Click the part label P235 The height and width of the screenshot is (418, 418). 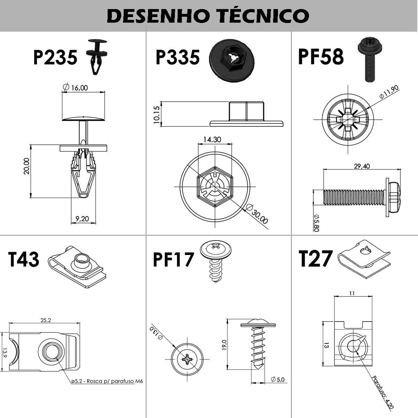pyautogui.click(x=55, y=57)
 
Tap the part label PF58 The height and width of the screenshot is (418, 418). pyautogui.click(x=320, y=57)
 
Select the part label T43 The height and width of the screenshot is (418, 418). pyautogui.click(x=23, y=260)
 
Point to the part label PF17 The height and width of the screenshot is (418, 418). pyautogui.click(x=173, y=260)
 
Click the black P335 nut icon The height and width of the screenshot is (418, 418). pyautogui.click(x=231, y=61)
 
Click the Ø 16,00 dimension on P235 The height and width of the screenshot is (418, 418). pyautogui.click(x=76, y=87)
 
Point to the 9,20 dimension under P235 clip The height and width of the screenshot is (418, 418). pyautogui.click(x=82, y=219)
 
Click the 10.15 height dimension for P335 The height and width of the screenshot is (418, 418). pyautogui.click(x=156, y=114)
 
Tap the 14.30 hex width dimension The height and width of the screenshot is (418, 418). pyautogui.click(x=212, y=140)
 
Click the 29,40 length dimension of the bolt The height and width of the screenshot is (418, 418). pyautogui.click(x=362, y=166)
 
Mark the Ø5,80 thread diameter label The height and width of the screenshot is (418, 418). pyautogui.click(x=316, y=223)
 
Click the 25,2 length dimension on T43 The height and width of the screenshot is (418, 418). pyautogui.click(x=46, y=320)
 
